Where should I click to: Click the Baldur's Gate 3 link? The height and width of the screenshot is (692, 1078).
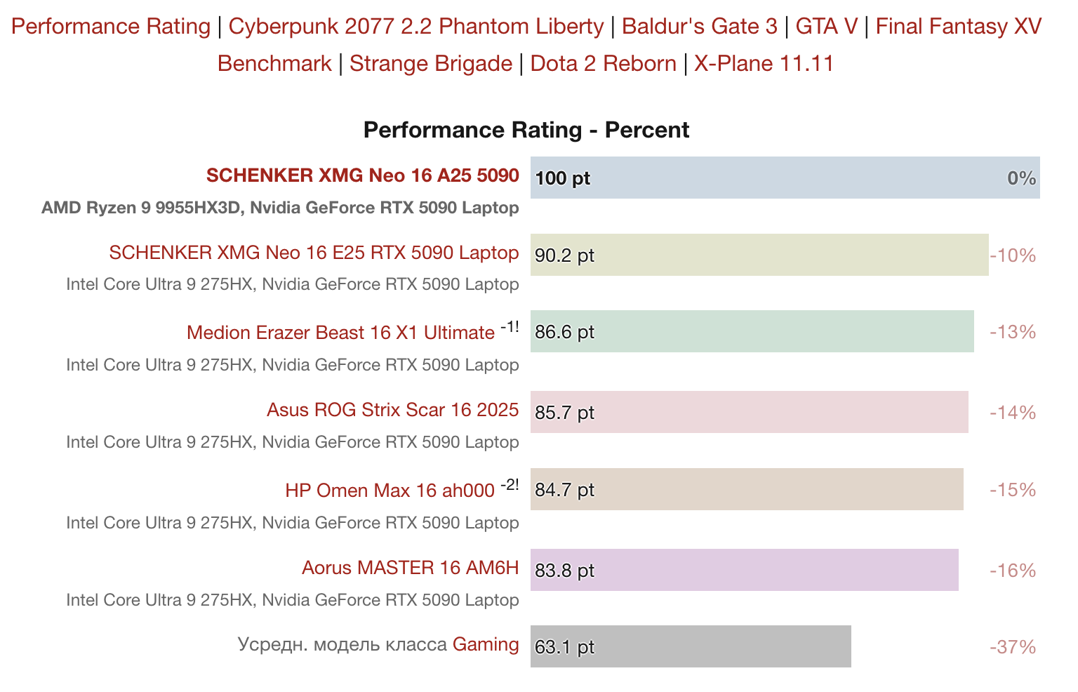699,27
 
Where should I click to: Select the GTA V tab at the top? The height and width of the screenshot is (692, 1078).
826,27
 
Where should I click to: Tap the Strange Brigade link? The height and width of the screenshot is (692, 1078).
430,64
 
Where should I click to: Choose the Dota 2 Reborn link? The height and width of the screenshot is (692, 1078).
603,64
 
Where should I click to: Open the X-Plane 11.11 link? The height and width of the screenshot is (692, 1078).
764,64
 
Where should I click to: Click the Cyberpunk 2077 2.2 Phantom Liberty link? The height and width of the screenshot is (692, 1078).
415,27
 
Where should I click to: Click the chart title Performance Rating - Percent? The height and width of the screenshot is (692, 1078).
526,130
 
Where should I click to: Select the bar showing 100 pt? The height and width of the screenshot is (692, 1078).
785,178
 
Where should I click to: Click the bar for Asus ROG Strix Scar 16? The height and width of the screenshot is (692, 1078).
749,412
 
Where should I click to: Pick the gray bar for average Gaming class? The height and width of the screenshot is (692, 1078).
691,646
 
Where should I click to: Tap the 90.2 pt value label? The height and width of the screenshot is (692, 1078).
564,255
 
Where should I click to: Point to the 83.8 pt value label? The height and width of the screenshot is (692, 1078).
564,571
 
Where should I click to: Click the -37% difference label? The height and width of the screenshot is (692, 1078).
1012,647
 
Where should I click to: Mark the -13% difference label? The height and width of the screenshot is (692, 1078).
1012,332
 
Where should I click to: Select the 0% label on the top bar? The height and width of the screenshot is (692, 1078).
1021,178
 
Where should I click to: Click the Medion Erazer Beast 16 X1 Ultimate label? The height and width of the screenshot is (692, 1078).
340,333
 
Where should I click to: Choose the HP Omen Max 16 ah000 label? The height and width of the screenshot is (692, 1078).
390,490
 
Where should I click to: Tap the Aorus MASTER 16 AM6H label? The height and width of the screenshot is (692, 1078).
410,567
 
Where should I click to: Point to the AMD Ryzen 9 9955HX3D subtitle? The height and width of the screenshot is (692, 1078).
280,208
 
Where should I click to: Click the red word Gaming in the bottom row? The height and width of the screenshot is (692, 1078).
486,644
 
